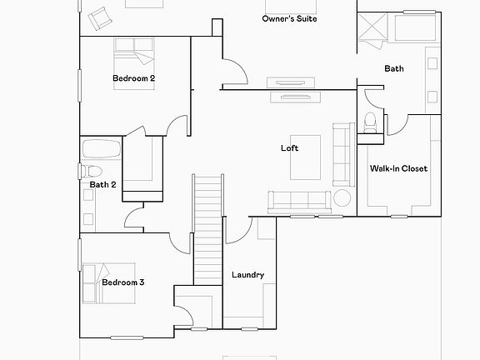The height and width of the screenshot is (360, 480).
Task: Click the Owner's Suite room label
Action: tap(289, 18)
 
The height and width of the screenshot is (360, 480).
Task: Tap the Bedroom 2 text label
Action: tap(134, 78)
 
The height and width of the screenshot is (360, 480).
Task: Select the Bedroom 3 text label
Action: tap(123, 282)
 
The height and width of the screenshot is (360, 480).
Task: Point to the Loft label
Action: tap(289, 148)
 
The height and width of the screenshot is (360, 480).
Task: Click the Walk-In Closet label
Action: tap(398, 168)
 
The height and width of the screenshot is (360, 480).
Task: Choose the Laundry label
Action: tap(247, 275)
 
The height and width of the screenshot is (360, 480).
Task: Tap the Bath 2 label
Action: tap(102, 184)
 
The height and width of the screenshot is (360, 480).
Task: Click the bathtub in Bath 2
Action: tap(102, 153)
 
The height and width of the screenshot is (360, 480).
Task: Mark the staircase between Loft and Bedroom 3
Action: tap(209, 229)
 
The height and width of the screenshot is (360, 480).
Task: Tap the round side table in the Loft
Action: tap(342, 199)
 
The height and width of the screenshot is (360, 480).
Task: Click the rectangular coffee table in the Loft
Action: tap(305, 157)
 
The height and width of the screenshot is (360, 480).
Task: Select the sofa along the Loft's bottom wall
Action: tap(297, 200)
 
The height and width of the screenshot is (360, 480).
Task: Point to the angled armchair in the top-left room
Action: tap(99, 17)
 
